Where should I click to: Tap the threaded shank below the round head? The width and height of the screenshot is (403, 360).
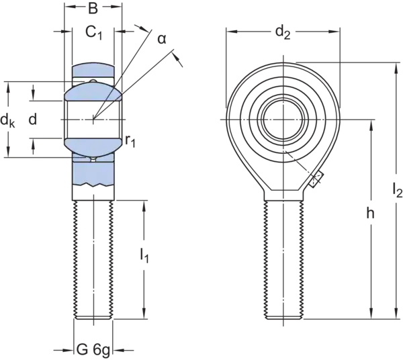coord(282,255)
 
